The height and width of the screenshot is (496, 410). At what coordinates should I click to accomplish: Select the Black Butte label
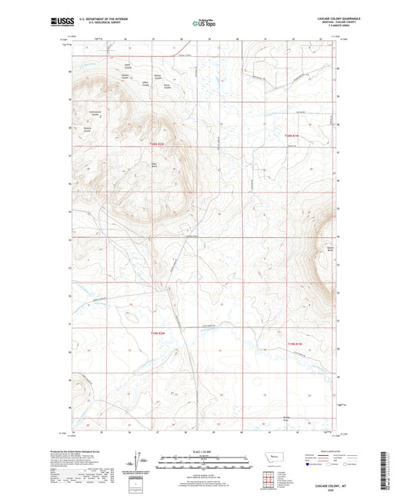click(154, 163)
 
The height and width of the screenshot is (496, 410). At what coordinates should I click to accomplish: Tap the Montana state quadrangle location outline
click(268, 461)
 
